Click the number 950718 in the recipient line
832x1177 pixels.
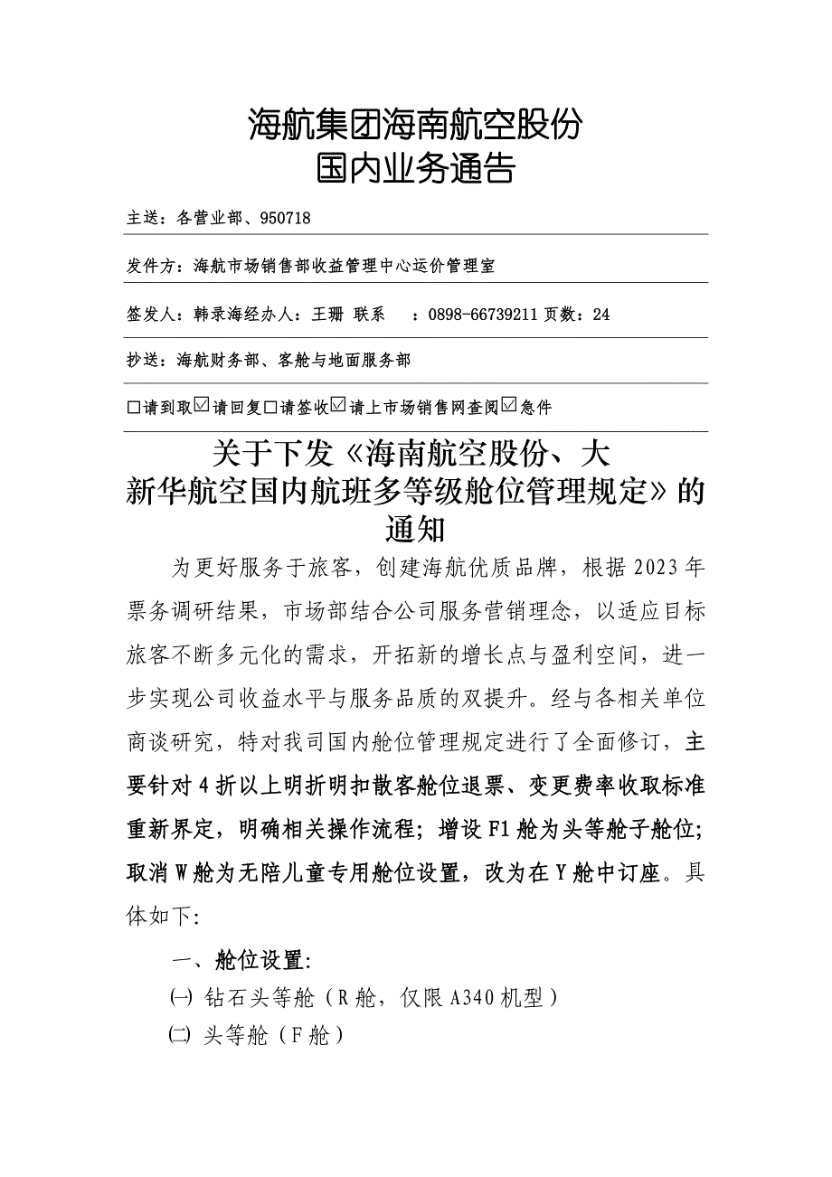(285, 218)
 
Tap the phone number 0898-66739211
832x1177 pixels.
(481, 315)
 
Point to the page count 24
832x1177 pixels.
(601, 315)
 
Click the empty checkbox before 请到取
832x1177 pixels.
(134, 408)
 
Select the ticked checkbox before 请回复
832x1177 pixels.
(203, 407)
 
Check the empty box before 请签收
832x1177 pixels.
(270, 408)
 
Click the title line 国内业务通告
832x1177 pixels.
(415, 169)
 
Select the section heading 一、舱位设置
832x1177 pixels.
(236, 960)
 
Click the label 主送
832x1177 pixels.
(142, 218)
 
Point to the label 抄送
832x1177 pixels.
(142, 361)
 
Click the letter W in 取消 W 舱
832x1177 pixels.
(179, 873)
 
